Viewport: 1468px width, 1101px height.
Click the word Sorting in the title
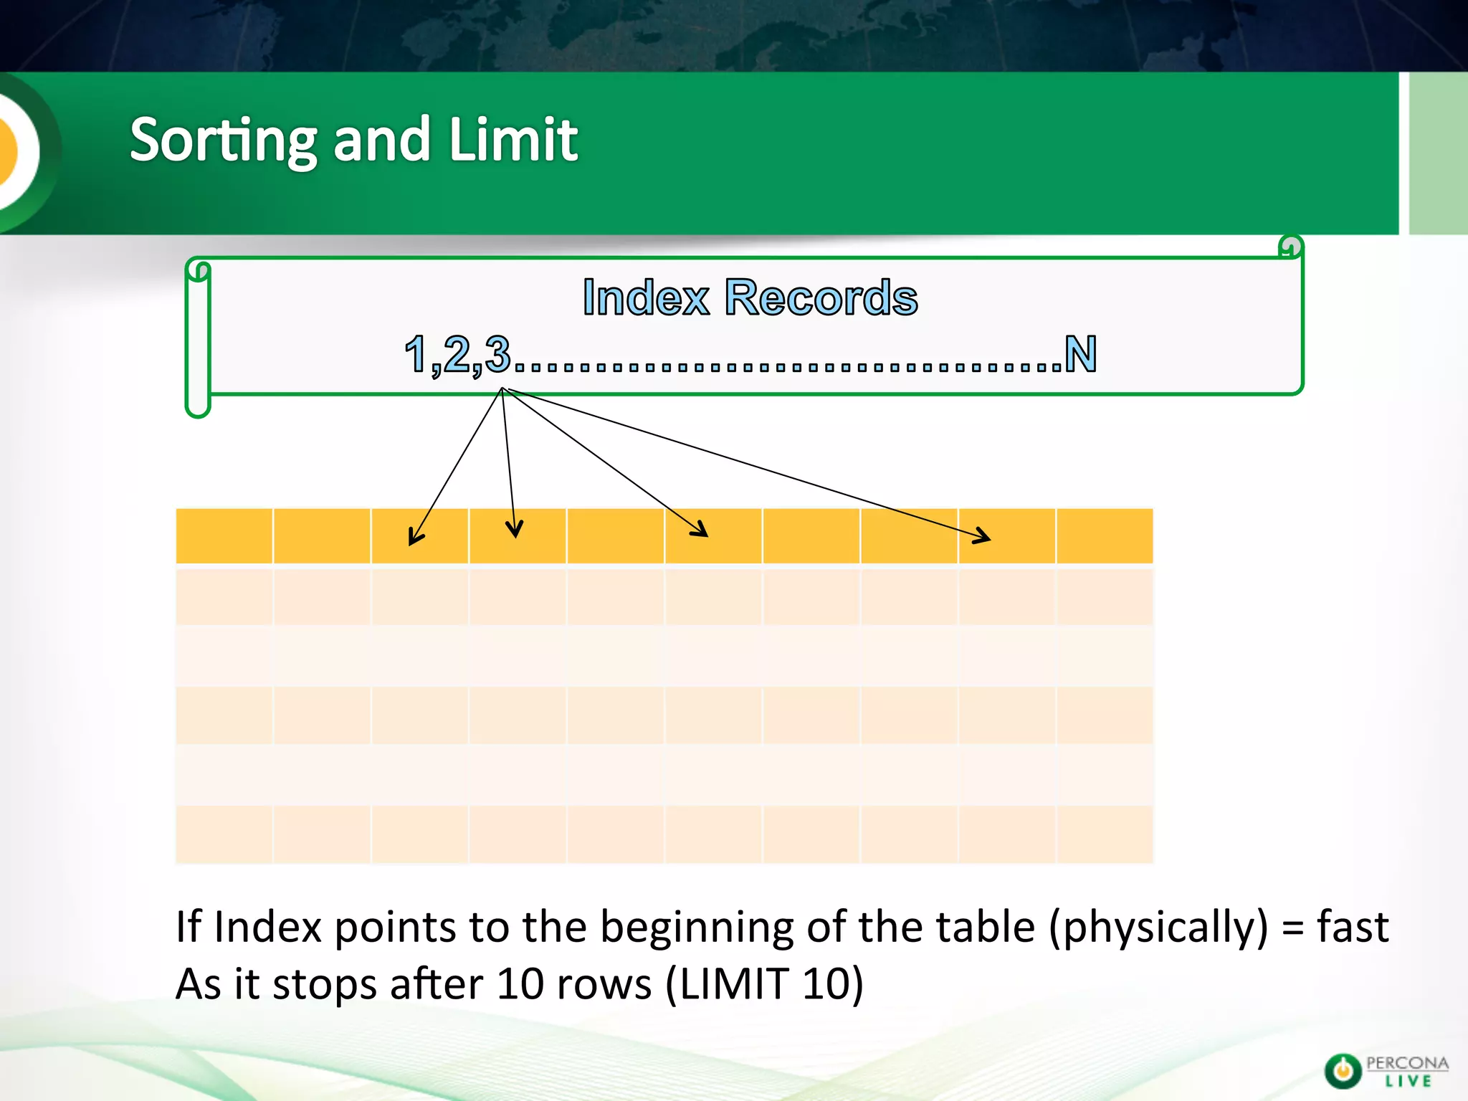point(223,140)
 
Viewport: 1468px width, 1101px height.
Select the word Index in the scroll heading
point(646,297)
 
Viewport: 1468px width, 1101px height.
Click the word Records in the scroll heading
point(821,297)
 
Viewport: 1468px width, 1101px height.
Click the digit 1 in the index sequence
point(416,354)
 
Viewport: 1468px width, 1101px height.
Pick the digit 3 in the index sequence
point(497,354)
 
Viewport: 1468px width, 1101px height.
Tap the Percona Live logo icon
point(1343,1071)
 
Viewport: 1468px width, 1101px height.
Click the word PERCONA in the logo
point(1407,1063)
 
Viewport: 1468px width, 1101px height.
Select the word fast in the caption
point(1353,926)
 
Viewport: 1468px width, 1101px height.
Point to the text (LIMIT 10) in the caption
point(764,983)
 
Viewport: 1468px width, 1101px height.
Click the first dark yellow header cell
point(224,536)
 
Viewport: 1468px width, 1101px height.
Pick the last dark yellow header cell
point(1105,536)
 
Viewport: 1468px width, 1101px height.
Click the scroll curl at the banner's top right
point(1290,247)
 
